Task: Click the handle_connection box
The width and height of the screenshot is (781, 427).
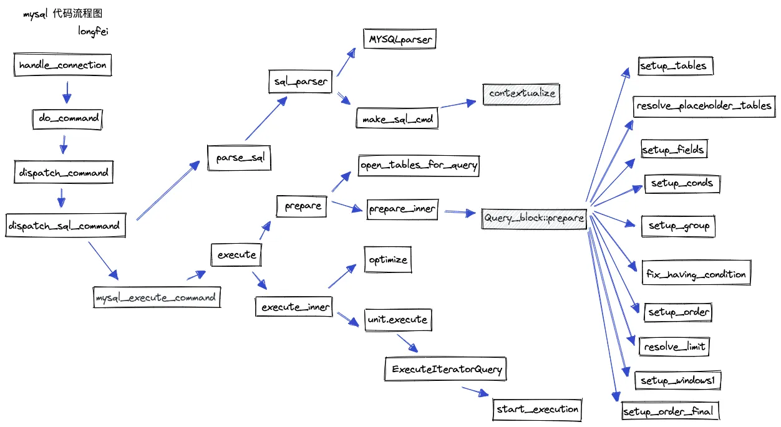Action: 62,65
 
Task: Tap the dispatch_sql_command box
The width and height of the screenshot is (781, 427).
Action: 64,226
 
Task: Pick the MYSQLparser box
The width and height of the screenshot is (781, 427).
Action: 399,40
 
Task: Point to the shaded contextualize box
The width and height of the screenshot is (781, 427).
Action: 522,94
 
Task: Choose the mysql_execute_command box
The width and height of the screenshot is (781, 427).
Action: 156,297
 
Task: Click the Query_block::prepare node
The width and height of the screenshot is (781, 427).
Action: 534,218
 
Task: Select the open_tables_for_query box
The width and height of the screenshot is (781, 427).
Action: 419,165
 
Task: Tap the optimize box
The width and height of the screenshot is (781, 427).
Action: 388,259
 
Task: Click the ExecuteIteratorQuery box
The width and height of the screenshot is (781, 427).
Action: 447,369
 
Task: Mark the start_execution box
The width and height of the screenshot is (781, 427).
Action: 538,410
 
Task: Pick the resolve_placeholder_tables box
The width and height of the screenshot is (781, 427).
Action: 704,106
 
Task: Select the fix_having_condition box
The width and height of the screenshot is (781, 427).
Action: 696,274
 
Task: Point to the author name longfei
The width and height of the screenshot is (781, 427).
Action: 93,31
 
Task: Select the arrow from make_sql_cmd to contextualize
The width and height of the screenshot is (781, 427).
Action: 460,104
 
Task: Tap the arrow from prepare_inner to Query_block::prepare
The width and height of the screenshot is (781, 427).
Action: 459,213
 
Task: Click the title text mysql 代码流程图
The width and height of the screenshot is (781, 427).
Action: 62,14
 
